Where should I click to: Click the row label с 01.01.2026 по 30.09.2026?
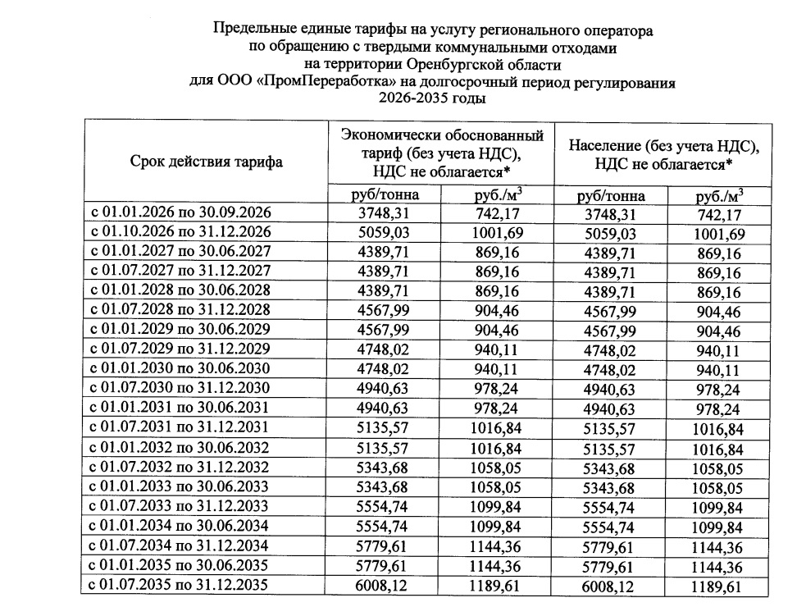tap(180, 213)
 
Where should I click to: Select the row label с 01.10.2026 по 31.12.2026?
tap(180, 232)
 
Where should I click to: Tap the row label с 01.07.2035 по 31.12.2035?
tap(180, 586)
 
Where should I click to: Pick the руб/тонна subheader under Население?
tap(611, 196)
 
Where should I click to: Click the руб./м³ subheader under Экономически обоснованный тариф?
tap(498, 195)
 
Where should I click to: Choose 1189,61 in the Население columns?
tap(718, 586)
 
